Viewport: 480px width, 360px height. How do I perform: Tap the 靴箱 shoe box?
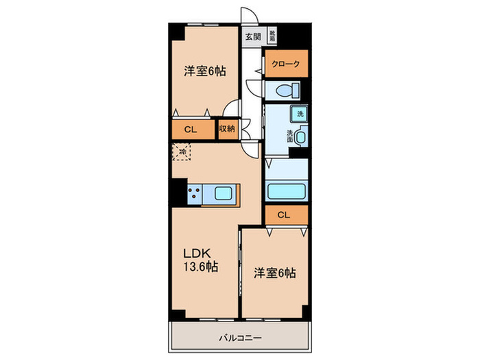(272, 36)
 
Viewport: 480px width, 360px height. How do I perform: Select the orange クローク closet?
(286, 64)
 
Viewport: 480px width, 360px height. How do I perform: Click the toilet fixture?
(286, 90)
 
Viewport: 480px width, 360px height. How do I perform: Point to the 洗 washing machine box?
(300, 114)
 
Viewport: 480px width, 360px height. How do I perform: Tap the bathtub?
(286, 191)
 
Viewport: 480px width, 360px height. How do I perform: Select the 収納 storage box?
(227, 129)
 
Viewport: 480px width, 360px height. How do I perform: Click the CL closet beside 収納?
(192, 129)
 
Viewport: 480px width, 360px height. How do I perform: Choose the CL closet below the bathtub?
(286, 215)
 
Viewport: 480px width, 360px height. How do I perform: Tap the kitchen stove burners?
(194, 194)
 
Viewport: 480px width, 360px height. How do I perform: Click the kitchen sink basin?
(225, 193)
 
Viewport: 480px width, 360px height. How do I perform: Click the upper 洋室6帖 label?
(205, 71)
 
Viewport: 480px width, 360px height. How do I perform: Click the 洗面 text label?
(290, 135)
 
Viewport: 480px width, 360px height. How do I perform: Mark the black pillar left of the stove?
(178, 194)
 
